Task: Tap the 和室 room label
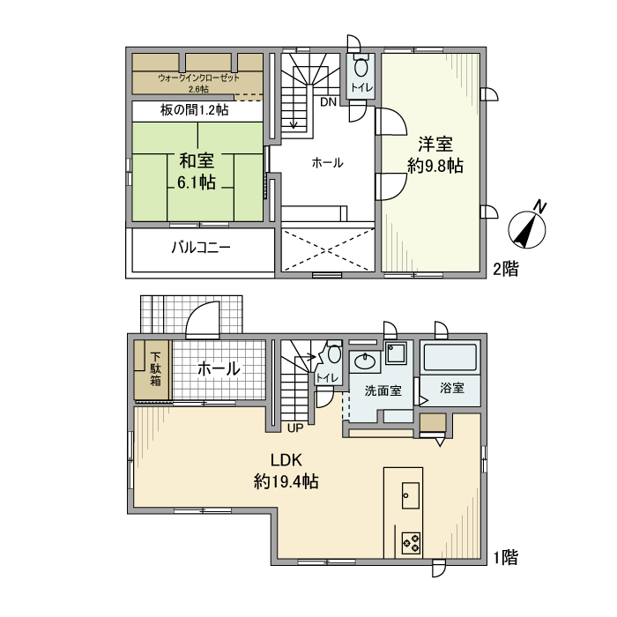click(197, 161)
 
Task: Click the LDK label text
click(286, 459)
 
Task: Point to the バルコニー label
click(201, 248)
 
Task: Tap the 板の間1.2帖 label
click(195, 110)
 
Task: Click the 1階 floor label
click(504, 557)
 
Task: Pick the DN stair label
click(327, 102)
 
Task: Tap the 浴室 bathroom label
click(450, 389)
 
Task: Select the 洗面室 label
click(383, 390)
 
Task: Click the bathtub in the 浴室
click(450, 358)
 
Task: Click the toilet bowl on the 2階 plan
click(361, 69)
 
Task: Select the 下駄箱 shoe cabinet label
click(155, 368)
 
